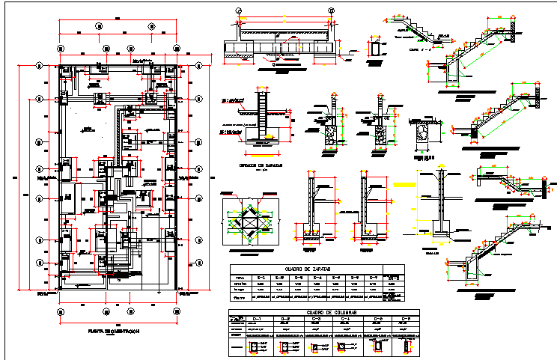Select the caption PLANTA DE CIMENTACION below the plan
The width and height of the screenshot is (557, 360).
[110, 329]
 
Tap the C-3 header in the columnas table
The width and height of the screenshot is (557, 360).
[317, 320]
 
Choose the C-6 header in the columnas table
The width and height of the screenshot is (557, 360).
[406, 320]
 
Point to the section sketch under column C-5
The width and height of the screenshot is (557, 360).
[376, 347]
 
